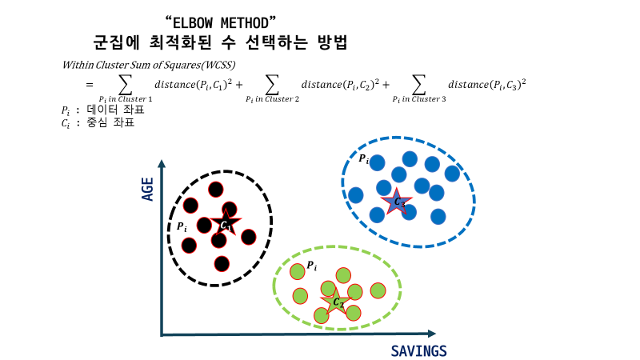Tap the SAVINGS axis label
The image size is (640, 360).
pos(418,350)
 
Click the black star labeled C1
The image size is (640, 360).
pos(226,224)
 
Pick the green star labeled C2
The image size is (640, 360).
pos(337,302)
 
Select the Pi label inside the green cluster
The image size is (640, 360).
pos(312,265)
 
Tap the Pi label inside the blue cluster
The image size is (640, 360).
pos(363,159)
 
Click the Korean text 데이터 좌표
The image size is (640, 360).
pos(108,110)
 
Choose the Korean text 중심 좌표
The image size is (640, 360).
pos(108,123)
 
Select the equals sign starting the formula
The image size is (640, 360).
pos(90,84)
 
